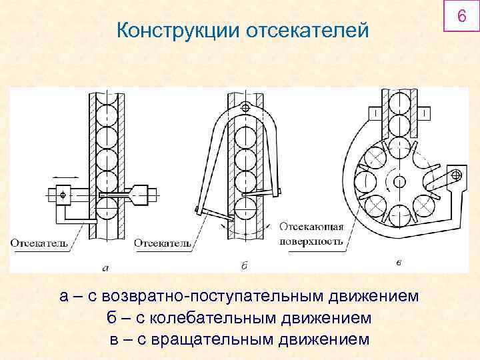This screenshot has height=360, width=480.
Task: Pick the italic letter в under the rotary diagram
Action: click(x=398, y=263)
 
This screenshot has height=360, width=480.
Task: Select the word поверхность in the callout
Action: click(x=313, y=241)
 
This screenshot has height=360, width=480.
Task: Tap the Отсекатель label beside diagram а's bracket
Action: click(x=39, y=243)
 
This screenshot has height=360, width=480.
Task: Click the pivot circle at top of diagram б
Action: click(x=246, y=107)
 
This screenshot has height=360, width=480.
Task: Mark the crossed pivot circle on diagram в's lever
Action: click(x=457, y=175)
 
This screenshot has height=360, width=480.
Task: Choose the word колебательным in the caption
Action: click(x=211, y=317)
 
